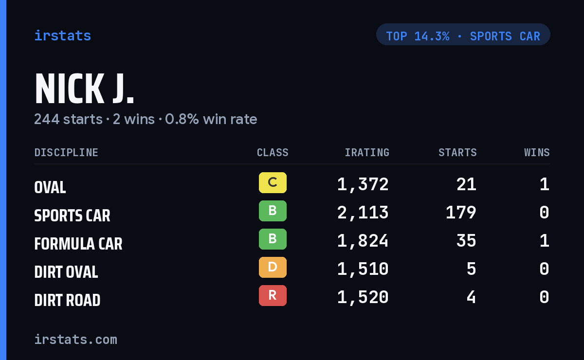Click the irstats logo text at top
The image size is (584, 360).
tap(63, 36)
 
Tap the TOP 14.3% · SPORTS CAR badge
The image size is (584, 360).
tap(463, 35)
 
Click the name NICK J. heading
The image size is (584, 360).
tap(84, 89)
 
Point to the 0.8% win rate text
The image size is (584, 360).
tap(211, 119)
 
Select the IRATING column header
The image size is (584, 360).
tap(367, 152)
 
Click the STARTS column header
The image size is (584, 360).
tap(457, 152)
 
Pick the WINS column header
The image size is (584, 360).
tap(537, 152)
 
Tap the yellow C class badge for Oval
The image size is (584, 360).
tap(273, 182)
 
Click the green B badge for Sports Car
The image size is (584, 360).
tap(273, 211)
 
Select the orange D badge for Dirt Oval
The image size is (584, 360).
tap(273, 267)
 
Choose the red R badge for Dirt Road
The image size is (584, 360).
tap(273, 295)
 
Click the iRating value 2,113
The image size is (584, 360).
tap(363, 213)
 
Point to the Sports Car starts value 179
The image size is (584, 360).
tap(461, 213)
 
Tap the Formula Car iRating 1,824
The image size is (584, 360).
tap(363, 241)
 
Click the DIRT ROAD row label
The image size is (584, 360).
tap(67, 300)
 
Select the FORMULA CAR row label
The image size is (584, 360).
tap(78, 244)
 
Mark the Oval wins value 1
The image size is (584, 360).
tap(545, 184)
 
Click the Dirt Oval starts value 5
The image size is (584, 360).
tap(471, 269)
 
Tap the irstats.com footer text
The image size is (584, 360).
tap(75, 340)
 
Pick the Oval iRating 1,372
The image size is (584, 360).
tap(363, 184)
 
